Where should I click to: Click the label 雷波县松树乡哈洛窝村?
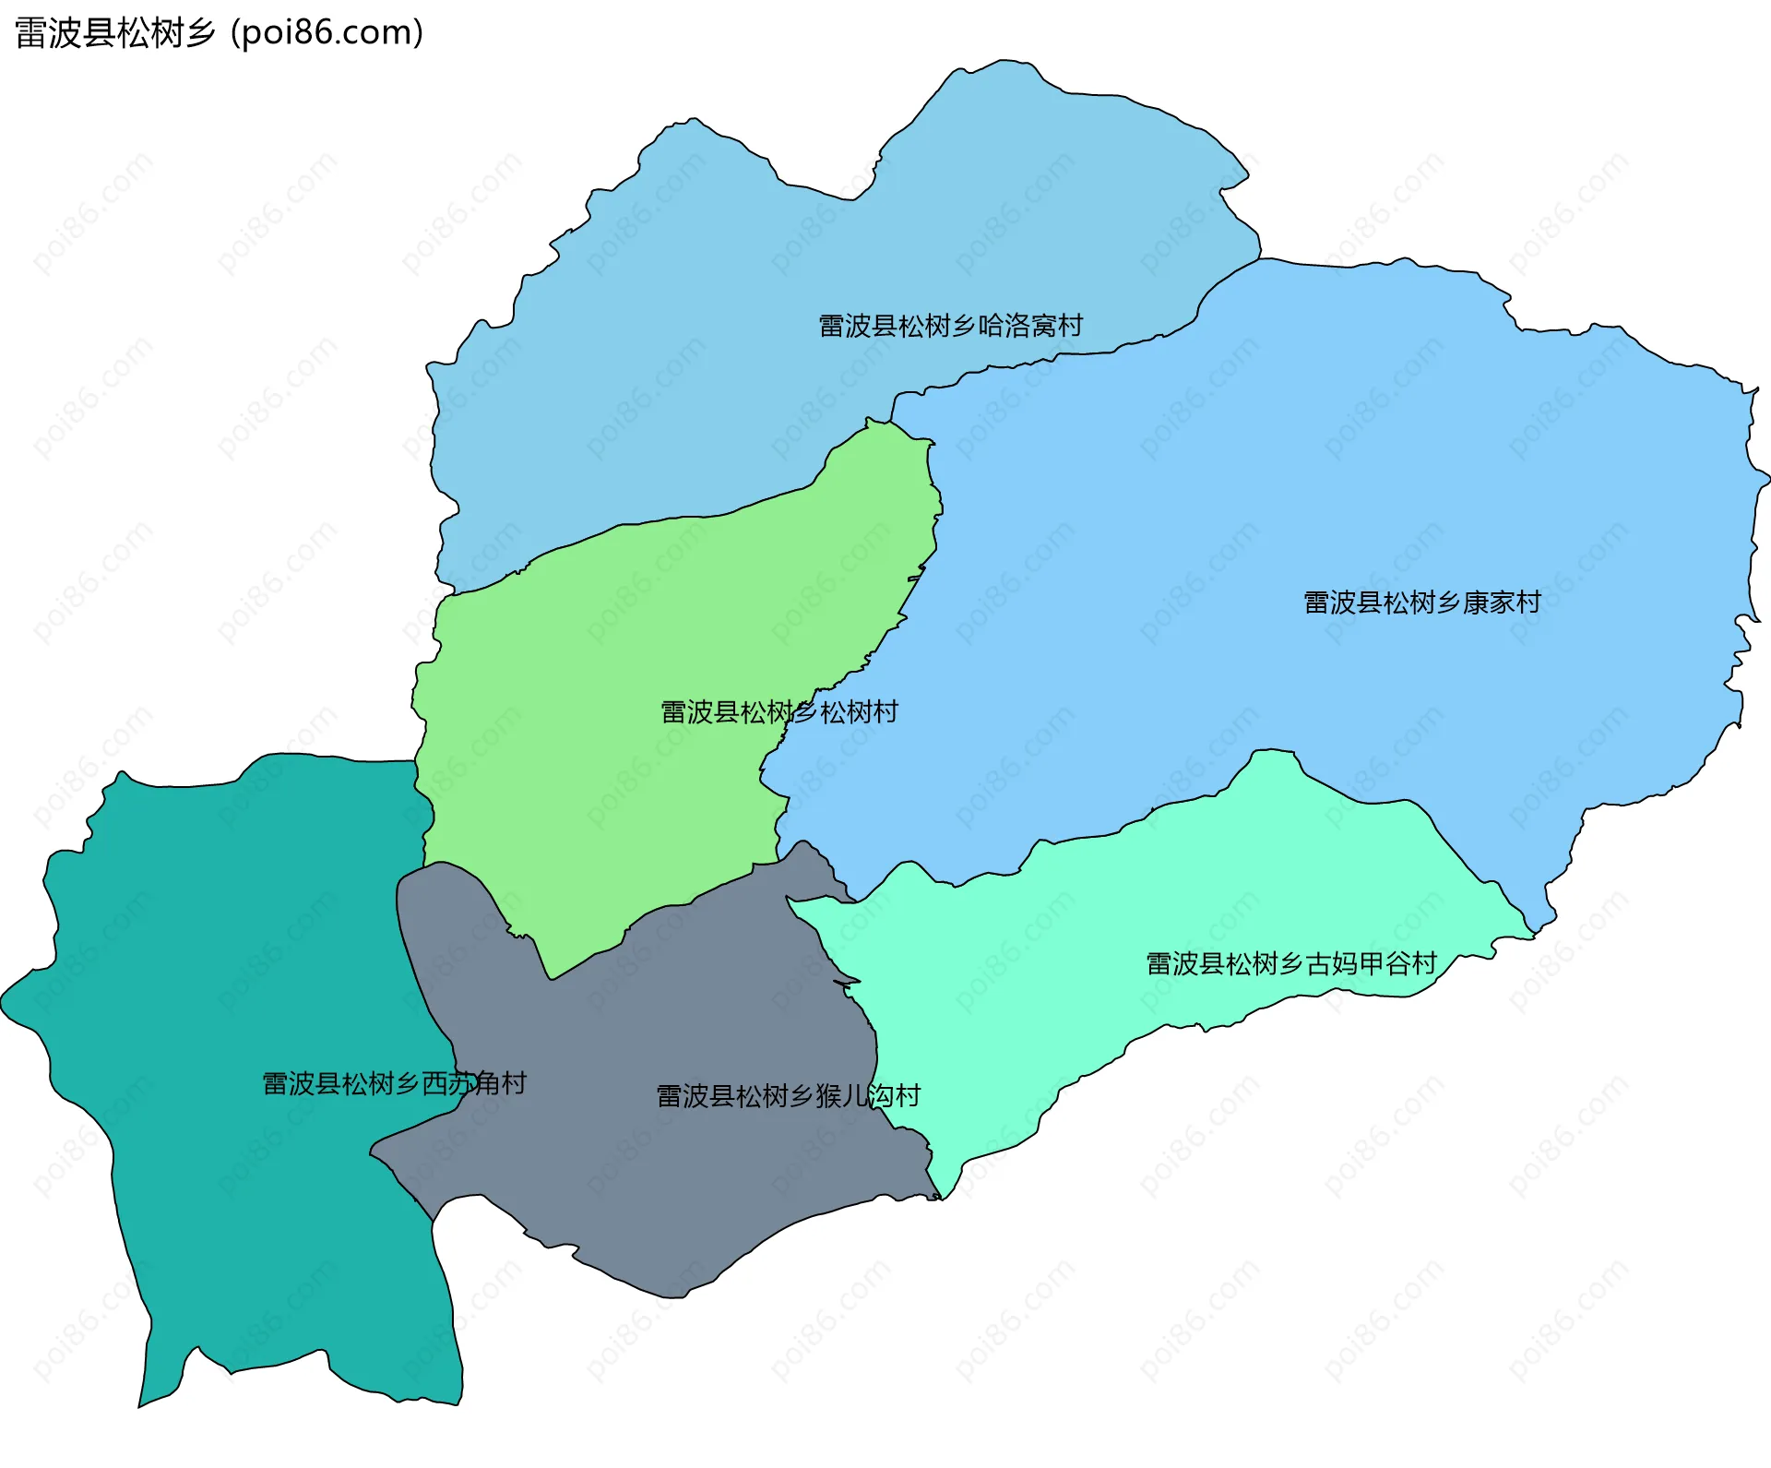(x=950, y=326)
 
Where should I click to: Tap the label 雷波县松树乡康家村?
(x=1421, y=603)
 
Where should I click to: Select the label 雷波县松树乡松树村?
(x=779, y=712)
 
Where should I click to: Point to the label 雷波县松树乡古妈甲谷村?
(x=1290, y=963)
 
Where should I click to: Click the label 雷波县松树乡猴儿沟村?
(x=788, y=1096)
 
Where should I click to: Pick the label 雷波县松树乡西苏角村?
(x=394, y=1083)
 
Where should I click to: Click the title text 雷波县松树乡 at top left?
(x=115, y=33)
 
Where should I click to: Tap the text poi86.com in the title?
(x=327, y=33)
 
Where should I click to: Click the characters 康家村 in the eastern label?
(x=1502, y=603)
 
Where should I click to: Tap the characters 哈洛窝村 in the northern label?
(x=1030, y=326)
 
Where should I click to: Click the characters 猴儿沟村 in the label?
(x=868, y=1096)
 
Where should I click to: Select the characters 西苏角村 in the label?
(x=474, y=1083)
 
